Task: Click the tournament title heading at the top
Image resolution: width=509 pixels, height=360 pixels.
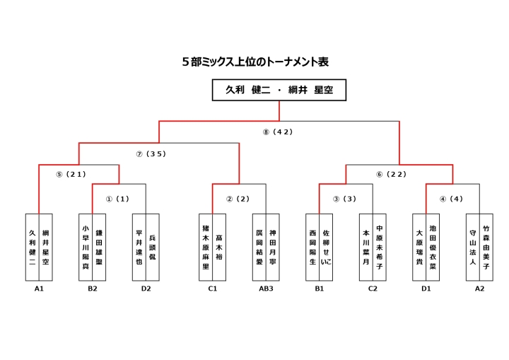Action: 255,62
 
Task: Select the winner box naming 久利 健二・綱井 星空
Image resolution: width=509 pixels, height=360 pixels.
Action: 279,91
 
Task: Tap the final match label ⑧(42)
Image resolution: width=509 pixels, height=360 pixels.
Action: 278,132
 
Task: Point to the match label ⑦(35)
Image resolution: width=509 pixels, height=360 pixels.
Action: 151,153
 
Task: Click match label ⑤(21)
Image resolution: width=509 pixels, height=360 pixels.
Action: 70,175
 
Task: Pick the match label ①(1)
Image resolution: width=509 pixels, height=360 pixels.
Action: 117,199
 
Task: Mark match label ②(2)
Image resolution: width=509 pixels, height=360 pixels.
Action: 238,199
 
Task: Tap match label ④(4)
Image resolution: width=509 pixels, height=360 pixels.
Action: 452,199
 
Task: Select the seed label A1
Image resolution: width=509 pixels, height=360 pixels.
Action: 39,289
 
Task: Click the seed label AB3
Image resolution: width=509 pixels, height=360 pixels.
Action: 266,289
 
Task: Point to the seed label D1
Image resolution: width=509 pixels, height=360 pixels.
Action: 426,289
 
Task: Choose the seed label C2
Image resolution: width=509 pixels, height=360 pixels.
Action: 373,289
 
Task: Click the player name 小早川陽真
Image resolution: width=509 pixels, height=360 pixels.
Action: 86,247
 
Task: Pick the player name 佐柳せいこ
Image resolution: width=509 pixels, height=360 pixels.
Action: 326,247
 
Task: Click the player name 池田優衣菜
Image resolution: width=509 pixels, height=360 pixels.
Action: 433,247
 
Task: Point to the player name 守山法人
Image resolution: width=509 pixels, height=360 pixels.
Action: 472,247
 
